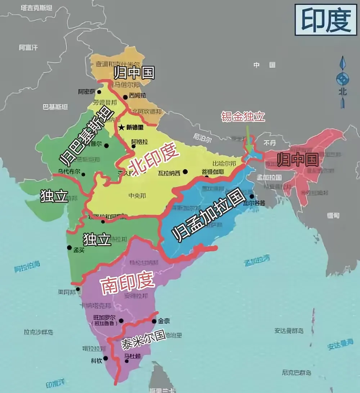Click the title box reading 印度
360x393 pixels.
pyautogui.click(x=326, y=20)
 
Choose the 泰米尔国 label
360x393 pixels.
pyautogui.click(x=143, y=339)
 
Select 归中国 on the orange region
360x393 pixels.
pyautogui.click(x=134, y=73)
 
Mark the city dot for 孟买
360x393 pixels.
pyautogui.click(x=69, y=247)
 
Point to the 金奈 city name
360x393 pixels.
pyautogui.click(x=164, y=321)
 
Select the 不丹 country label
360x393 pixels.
pyautogui.click(x=269, y=142)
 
